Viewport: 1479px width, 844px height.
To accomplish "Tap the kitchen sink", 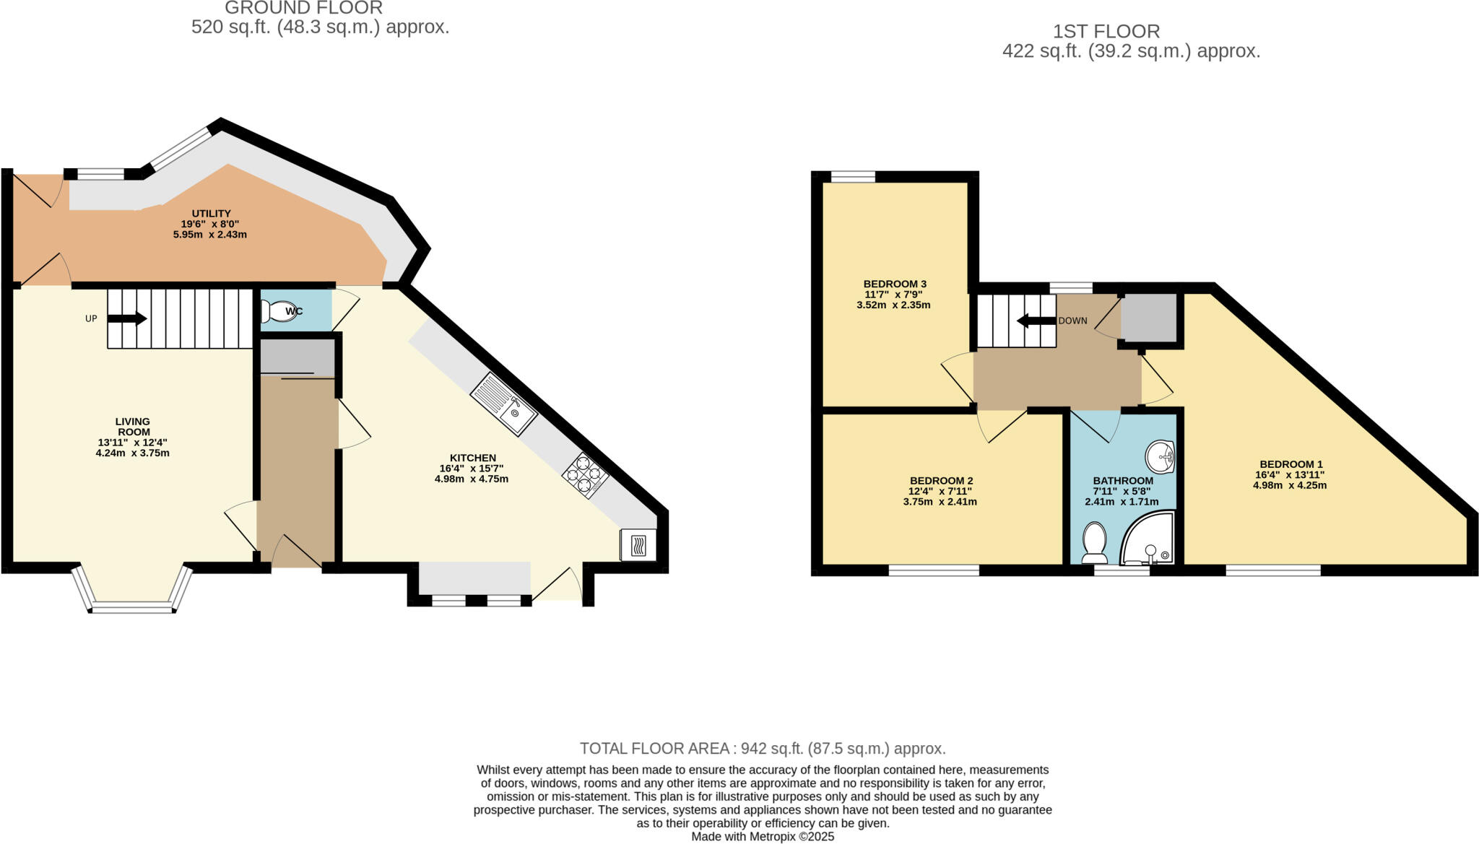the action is [504, 404].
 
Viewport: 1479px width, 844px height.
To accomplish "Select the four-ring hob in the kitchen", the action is [586, 475].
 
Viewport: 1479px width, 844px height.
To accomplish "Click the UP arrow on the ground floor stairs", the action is [127, 318].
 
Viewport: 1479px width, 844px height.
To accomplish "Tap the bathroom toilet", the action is [1095, 544].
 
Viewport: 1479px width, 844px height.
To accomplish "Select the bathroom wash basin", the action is [1161, 455].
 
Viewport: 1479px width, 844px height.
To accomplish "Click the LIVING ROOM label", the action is [133, 427].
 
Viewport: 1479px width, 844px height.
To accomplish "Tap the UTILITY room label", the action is [211, 214].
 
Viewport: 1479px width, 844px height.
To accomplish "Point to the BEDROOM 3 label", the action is [895, 284].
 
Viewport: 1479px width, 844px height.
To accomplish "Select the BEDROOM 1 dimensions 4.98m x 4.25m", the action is [1290, 485].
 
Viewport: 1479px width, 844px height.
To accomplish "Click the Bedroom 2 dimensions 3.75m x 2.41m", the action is [940, 502].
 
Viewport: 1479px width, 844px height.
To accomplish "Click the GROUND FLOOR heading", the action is [303, 8].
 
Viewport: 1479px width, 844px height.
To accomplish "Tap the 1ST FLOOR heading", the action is [1106, 31].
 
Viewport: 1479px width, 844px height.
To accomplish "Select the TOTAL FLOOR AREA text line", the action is [763, 749].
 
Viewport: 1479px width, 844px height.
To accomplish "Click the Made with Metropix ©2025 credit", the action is [763, 837].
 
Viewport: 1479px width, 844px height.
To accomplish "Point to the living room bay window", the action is [133, 590].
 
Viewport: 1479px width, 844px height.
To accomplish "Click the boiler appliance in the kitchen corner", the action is [638, 545].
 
